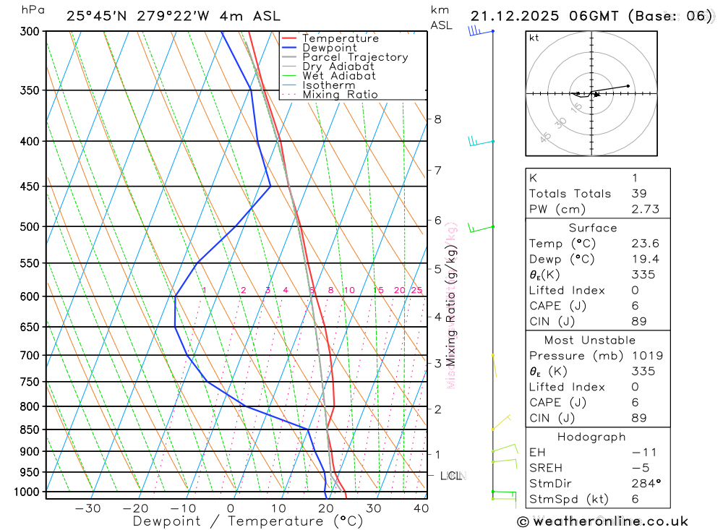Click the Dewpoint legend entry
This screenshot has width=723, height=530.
(x=329, y=48)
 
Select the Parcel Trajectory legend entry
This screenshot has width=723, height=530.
(x=355, y=57)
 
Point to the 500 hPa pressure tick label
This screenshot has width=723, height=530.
(x=30, y=226)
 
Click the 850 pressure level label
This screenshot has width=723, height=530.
(x=30, y=429)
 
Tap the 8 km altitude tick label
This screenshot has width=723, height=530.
(x=437, y=119)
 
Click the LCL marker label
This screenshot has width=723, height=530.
(x=451, y=476)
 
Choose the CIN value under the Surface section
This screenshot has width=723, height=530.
(x=638, y=322)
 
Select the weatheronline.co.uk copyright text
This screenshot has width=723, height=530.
(x=603, y=521)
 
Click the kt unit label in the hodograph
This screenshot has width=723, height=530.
(x=534, y=38)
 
